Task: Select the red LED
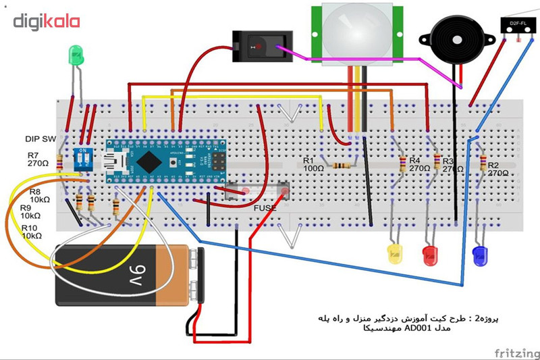430,255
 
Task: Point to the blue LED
481,255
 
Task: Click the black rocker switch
258,46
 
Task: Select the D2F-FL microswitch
518,26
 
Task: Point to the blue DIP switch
85,159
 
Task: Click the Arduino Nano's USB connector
124,161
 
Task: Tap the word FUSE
265,209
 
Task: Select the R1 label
308,161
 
